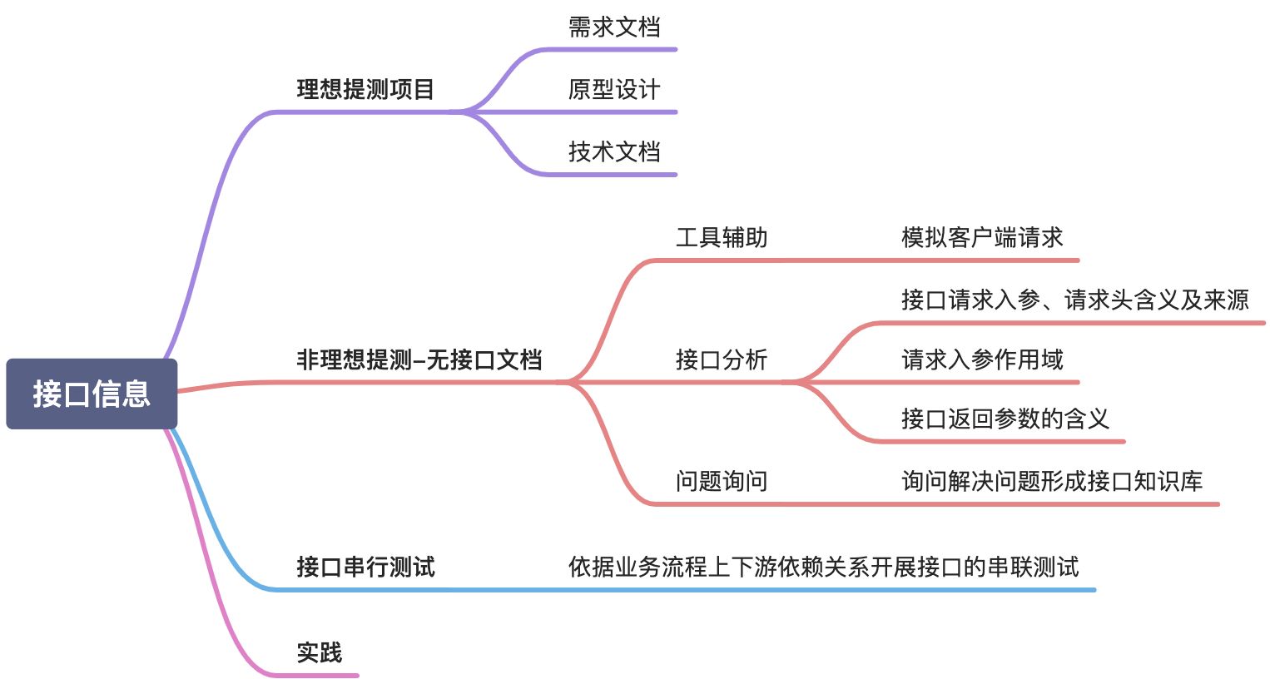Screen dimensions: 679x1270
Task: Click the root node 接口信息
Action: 92,394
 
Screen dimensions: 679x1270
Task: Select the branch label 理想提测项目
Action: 365,89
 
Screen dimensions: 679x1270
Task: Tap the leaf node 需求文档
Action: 614,27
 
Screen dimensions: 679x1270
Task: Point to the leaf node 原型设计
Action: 614,89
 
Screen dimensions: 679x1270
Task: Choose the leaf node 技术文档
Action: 614,151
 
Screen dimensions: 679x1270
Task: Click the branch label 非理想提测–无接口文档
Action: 419,359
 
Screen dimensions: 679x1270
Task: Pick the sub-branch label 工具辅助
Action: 722,238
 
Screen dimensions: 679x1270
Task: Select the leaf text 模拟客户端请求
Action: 982,238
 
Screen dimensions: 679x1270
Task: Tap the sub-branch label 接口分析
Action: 722,359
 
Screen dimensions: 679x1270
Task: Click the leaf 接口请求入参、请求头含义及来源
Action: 1074,300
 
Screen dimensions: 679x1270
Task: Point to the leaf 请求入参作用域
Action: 982,359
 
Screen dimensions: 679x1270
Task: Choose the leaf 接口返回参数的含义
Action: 1005,419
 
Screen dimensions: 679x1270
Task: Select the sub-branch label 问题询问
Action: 722,481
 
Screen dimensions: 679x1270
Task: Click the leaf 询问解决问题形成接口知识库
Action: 1052,481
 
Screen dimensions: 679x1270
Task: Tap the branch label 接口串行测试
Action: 365,567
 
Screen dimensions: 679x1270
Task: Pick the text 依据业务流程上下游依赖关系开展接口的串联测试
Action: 823,567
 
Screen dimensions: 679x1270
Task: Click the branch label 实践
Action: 320,653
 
